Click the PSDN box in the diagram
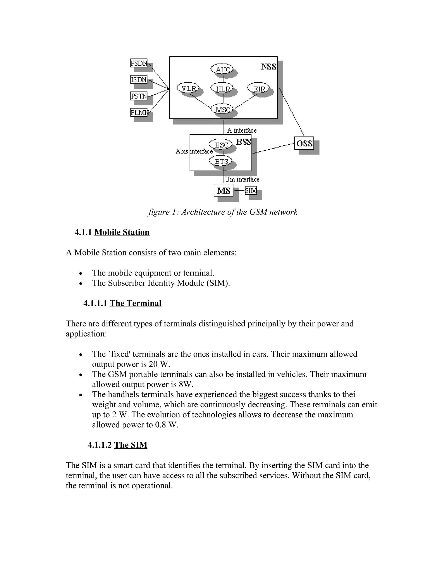pos(139,63)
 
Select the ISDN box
pos(139,80)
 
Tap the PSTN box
pos(139,96)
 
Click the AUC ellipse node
pos(222,69)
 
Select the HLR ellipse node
pos(222,88)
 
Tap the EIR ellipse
pos(258,88)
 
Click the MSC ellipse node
pos(222,109)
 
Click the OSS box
pos(304,143)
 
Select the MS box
pos(223,191)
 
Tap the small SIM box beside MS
pos(251,190)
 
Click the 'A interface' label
pos(242,130)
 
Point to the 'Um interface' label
pos(242,179)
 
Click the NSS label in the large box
pos(268,67)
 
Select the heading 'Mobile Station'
pos(122,232)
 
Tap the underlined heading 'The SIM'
pos(131,445)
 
